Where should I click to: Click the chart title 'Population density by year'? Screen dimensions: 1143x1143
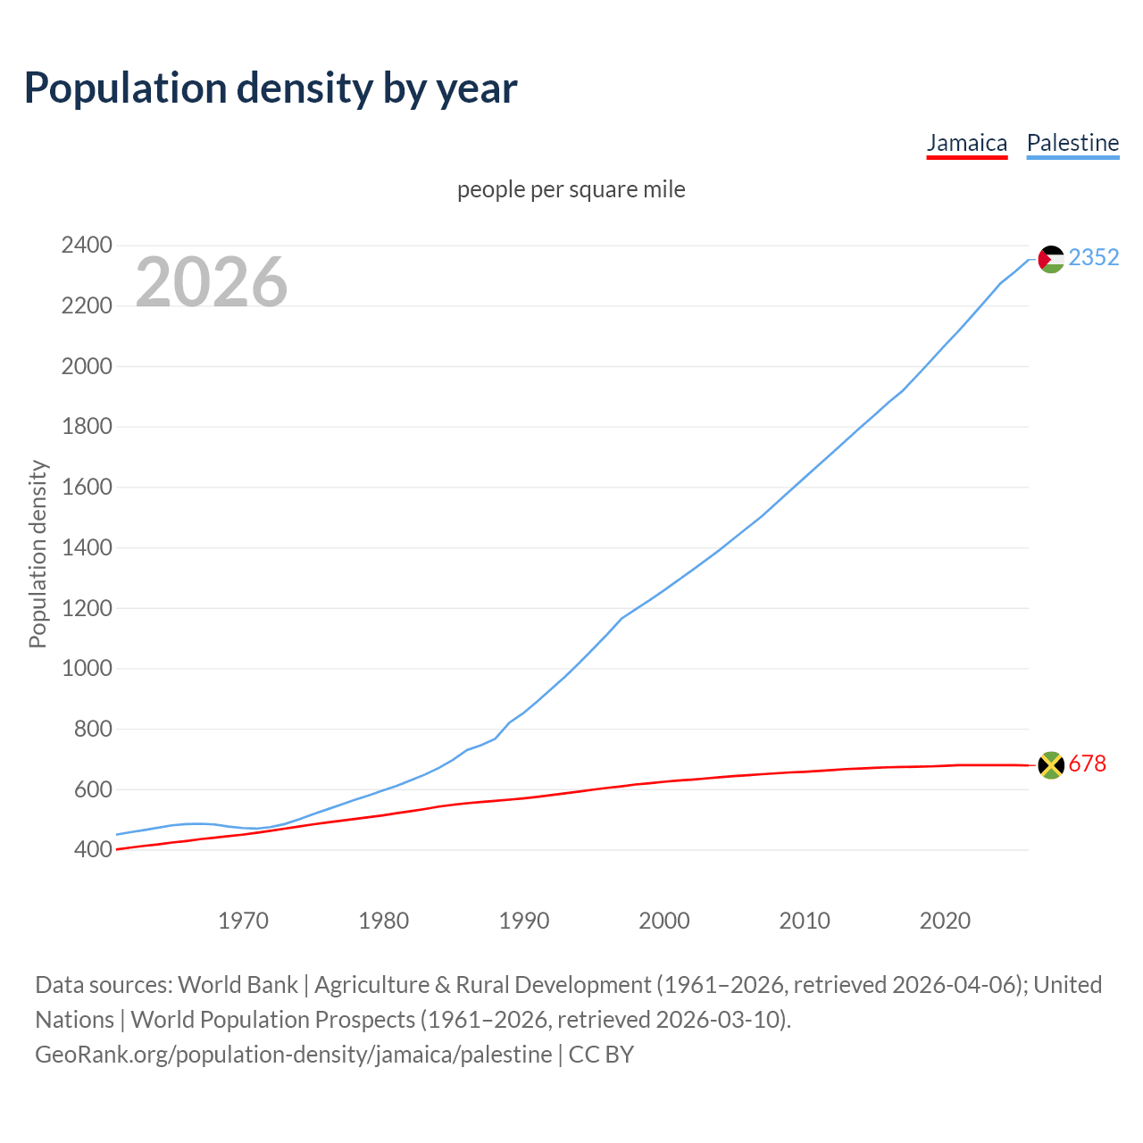(271, 88)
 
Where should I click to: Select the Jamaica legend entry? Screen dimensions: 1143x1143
(966, 143)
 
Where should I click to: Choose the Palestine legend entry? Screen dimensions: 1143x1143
(1072, 143)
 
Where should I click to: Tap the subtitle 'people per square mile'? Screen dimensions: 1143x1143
(571, 190)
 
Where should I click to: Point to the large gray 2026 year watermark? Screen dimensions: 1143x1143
(212, 282)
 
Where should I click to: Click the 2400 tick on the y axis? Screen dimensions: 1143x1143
(87, 246)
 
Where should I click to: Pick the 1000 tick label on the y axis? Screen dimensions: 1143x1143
(87, 669)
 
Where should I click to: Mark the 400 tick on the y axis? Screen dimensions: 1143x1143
(93, 850)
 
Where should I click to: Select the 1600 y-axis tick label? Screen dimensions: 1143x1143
(87, 488)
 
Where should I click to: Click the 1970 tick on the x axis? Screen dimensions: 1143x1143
(244, 921)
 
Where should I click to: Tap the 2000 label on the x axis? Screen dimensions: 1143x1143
(664, 921)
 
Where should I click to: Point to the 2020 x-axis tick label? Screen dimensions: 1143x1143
(945, 921)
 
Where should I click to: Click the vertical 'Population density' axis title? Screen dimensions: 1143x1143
(38, 554)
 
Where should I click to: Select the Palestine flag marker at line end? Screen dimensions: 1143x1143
(1051, 259)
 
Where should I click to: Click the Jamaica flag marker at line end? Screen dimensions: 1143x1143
(1051, 765)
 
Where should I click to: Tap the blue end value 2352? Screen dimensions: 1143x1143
(1093, 258)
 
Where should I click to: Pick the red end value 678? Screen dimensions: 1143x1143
(1087, 764)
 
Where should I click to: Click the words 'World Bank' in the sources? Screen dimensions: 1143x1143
(238, 985)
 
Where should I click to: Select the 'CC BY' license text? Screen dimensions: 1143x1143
(601, 1055)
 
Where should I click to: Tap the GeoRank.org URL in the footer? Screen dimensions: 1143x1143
(293, 1055)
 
